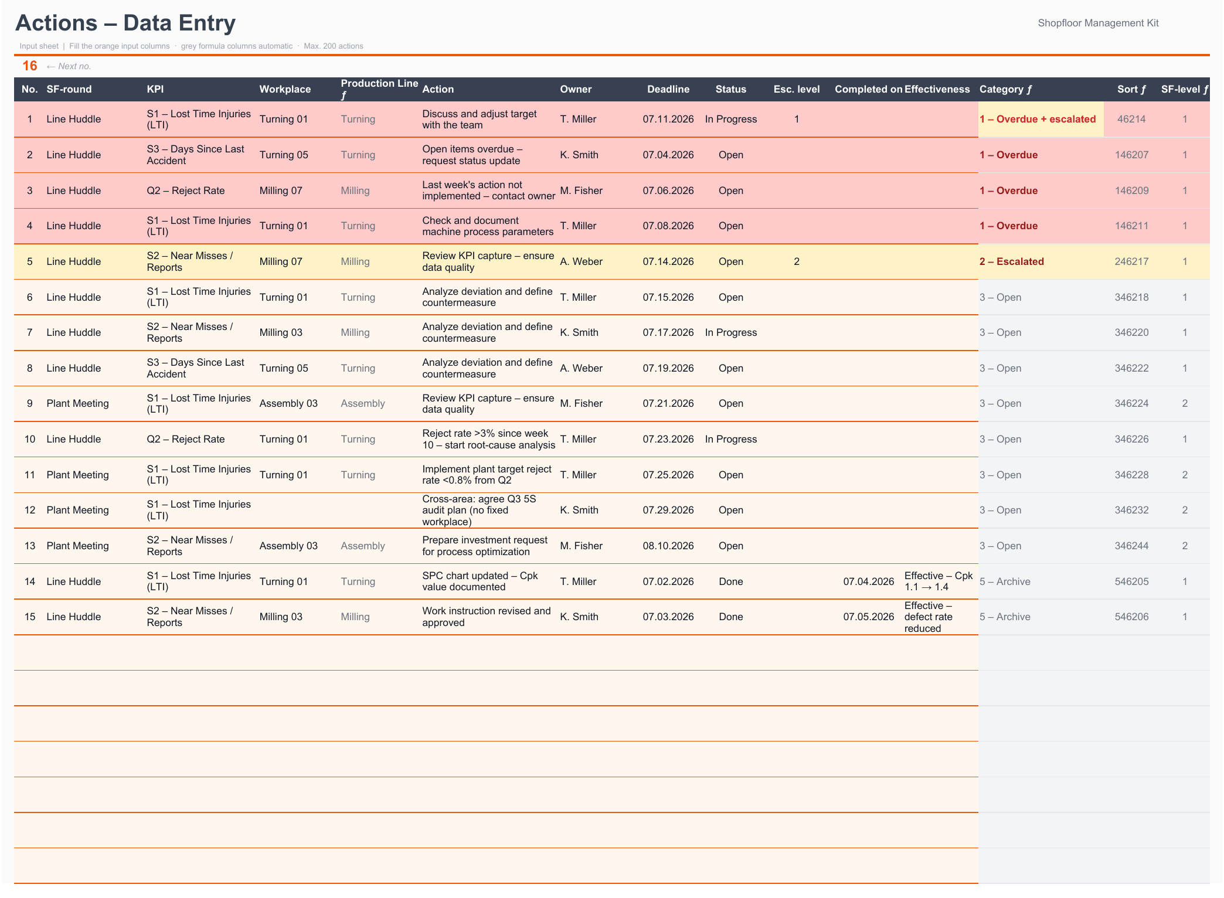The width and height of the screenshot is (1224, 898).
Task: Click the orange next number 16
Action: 30,66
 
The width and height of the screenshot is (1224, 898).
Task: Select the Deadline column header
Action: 668,89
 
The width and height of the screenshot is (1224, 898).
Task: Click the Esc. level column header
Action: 797,89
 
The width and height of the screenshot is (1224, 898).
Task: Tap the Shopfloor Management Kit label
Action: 1098,23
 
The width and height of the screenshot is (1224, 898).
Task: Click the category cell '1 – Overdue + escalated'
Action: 1038,119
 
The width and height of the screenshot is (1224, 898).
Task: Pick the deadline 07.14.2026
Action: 668,261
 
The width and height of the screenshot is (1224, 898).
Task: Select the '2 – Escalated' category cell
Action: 1012,261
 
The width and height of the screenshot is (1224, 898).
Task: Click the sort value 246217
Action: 1131,261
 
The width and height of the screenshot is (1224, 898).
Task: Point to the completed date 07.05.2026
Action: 869,617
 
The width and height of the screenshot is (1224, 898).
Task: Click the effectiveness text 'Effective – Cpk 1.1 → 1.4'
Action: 939,581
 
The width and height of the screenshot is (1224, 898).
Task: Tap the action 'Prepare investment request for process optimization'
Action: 485,546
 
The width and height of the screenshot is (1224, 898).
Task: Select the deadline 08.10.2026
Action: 668,546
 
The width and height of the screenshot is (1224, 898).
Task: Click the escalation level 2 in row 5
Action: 797,261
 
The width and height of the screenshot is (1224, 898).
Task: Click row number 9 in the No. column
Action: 30,403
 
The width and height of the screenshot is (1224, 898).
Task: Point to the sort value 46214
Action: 1131,119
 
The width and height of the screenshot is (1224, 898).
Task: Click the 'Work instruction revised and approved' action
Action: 487,617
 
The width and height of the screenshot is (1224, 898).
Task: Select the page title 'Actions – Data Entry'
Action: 125,23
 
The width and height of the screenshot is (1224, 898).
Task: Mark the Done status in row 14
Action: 731,581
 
